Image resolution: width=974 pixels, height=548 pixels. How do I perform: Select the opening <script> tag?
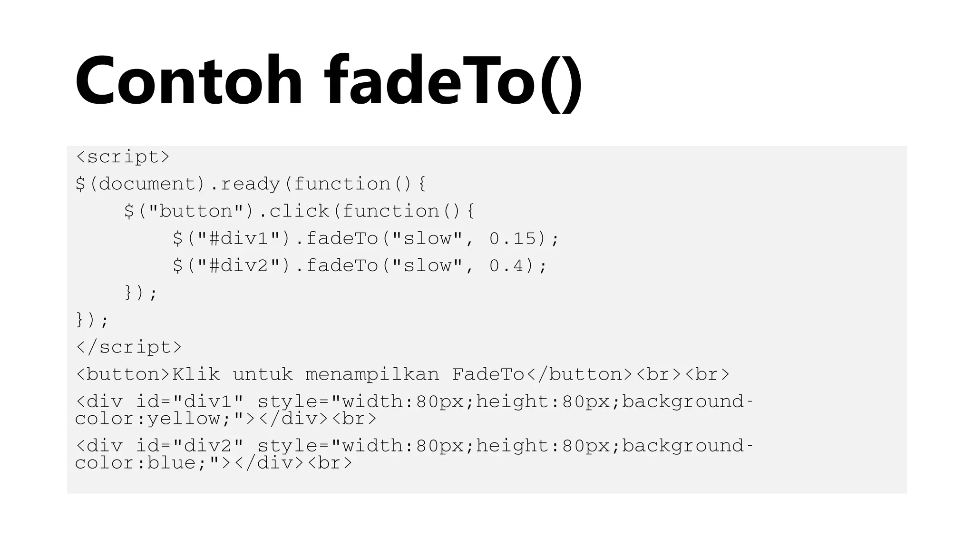point(123,157)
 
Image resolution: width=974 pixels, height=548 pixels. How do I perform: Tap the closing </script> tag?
point(128,347)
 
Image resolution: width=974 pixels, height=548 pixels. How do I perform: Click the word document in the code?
point(147,184)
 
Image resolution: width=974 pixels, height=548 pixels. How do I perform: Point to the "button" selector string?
point(196,211)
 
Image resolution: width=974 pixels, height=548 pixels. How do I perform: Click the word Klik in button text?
point(196,374)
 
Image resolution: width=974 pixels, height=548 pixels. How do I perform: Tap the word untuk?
point(263,374)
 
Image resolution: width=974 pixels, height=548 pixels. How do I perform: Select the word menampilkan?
point(372,374)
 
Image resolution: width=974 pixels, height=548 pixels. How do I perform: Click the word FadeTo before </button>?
point(488,374)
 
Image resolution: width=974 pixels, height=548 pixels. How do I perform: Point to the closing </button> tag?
point(579,374)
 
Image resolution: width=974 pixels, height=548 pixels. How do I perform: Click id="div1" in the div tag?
point(190,402)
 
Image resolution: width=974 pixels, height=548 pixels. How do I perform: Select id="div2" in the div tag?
point(190,446)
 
